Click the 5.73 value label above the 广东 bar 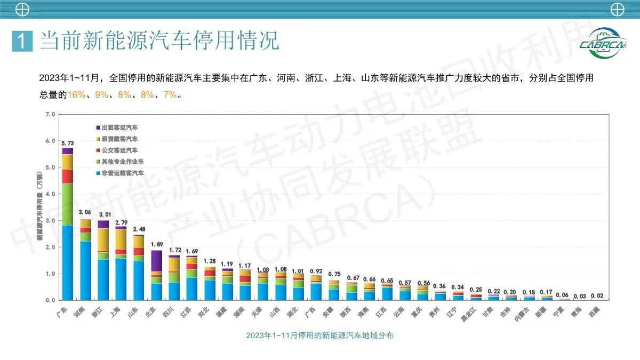click(67, 144)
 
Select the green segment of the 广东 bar click(67, 204)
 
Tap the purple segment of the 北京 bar click(156, 261)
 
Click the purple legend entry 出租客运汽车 click(116, 128)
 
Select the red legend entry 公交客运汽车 click(116, 150)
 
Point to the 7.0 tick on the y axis click(51, 114)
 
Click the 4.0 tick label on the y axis click(51, 194)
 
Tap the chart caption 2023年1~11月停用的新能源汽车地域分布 click(320, 335)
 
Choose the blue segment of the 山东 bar click(139, 280)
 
